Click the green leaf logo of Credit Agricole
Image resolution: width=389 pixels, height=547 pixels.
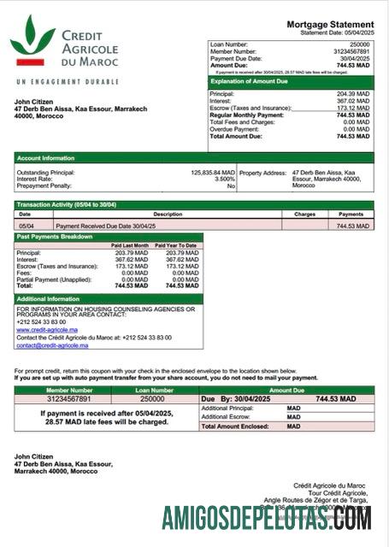point(32,39)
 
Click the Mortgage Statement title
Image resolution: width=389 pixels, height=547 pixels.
point(329,25)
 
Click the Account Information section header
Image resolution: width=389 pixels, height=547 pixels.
point(46,157)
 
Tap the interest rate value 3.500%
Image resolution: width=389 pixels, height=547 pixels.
point(224,179)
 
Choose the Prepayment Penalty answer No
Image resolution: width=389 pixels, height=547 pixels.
point(231,185)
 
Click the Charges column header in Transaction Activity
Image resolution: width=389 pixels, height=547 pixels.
point(304,214)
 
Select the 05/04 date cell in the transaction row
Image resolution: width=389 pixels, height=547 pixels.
point(26,226)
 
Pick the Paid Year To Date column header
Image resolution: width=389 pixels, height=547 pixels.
point(176,245)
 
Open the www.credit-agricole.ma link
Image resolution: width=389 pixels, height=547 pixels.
point(47,328)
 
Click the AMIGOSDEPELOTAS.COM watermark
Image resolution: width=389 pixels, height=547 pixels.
point(266,518)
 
